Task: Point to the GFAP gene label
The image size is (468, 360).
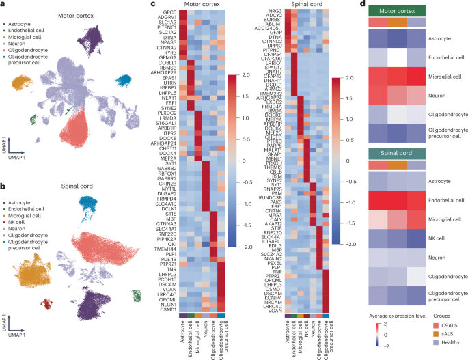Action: [273, 31]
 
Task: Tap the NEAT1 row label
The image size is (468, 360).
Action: [172, 98]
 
